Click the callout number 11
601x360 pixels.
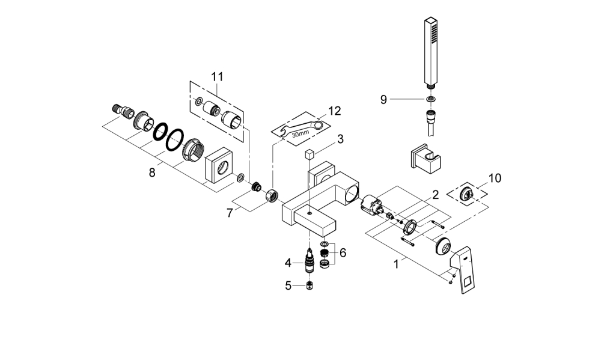[x=216, y=76]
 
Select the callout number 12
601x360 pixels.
[x=334, y=111]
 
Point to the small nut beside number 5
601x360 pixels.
[x=311, y=287]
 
